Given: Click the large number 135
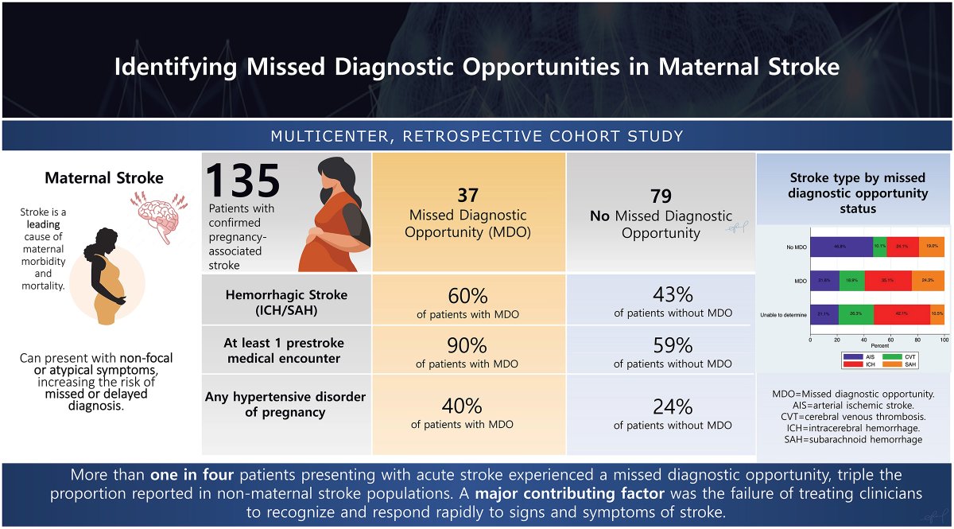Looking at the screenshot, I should [243, 181].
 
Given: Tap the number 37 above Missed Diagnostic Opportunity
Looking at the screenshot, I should [467, 196].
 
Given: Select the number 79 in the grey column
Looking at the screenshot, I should [661, 196].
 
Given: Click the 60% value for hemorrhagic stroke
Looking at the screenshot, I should [467, 296].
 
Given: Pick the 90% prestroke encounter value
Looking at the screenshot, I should [467, 346].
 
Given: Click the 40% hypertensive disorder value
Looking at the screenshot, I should [462, 406].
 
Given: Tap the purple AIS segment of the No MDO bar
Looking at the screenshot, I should [841, 247].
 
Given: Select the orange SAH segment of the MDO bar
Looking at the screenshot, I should [928, 280].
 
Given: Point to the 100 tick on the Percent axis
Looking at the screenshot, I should [944, 339].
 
